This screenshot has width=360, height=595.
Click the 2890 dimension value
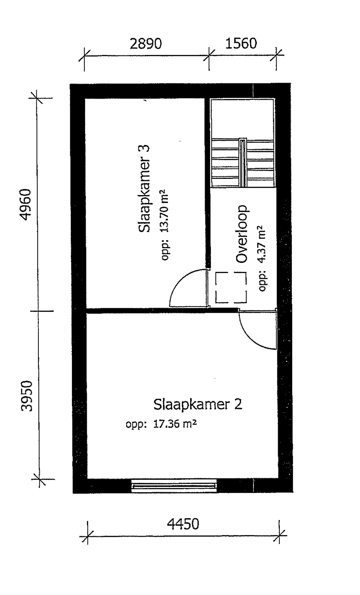tap(145, 44)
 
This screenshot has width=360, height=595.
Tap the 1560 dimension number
tap(241, 43)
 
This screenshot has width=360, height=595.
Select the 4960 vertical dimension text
tap(26, 205)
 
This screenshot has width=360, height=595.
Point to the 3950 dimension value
tap(27, 396)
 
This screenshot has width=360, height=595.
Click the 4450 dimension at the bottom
tap(183, 524)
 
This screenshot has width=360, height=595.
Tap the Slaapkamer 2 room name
tap(198, 405)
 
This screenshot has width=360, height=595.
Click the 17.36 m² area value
tap(175, 424)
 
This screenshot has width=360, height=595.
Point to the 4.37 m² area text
tap(262, 244)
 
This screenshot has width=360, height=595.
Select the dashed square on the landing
tap(231, 288)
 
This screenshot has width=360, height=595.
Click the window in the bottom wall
tap(174, 486)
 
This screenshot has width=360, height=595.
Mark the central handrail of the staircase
tap(242, 162)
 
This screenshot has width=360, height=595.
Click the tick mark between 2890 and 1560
tap(209, 55)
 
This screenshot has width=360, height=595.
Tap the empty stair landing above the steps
tap(242, 119)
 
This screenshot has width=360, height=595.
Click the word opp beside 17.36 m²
tap(136, 425)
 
